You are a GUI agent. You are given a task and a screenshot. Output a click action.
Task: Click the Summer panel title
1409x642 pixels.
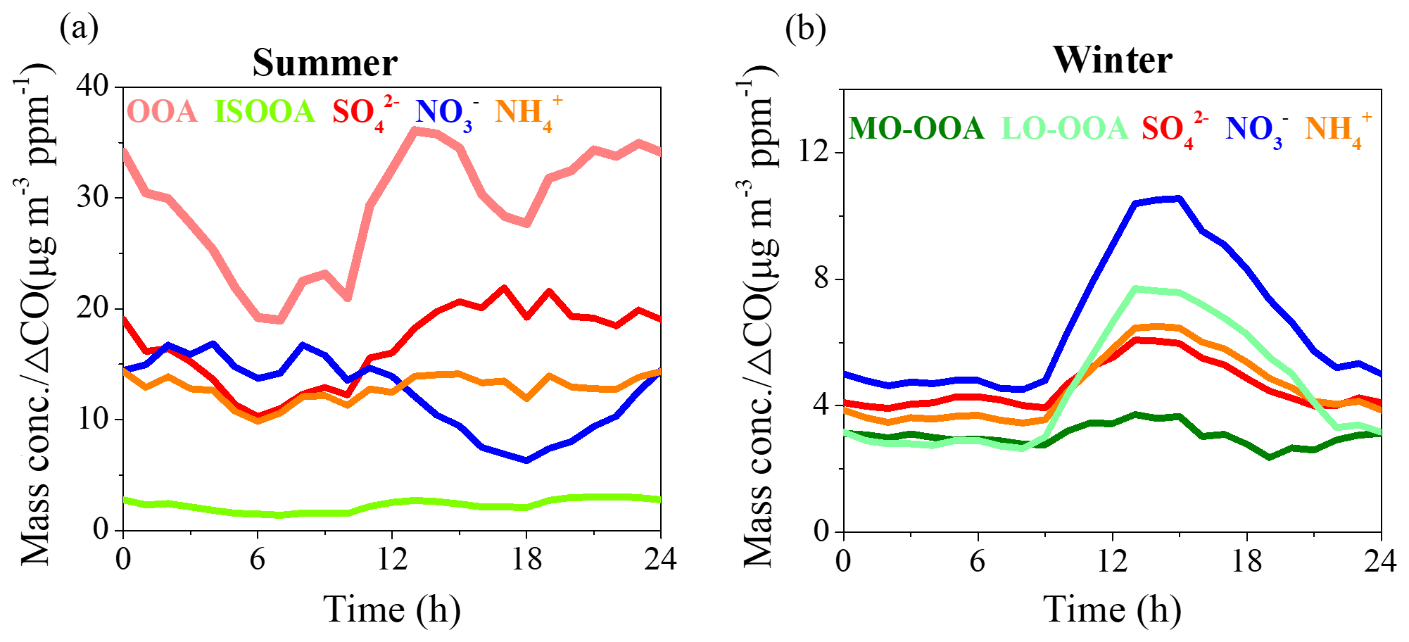[x=324, y=63]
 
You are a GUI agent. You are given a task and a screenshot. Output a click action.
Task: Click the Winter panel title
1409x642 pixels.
[x=1113, y=60]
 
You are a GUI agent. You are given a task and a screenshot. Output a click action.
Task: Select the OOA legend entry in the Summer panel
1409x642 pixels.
[x=163, y=111]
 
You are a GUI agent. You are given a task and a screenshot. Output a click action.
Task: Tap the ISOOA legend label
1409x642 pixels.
[x=264, y=111]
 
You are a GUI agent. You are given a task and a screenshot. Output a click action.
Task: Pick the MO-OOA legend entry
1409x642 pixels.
[x=916, y=129]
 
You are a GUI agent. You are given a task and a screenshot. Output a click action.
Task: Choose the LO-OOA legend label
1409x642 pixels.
[x=1064, y=129]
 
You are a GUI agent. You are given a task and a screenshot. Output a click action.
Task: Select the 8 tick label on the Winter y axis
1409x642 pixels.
[x=821, y=279]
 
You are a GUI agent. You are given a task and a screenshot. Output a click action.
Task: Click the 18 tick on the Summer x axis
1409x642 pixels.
[x=526, y=560]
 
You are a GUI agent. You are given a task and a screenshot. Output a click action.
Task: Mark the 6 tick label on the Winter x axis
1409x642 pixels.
[x=978, y=562]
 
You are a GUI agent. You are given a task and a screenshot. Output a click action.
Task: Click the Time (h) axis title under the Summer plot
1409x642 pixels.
[x=392, y=610]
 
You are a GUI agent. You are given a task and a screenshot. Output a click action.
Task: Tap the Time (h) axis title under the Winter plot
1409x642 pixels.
[x=1112, y=610]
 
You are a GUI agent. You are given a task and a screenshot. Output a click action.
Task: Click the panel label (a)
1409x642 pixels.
[x=79, y=28]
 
